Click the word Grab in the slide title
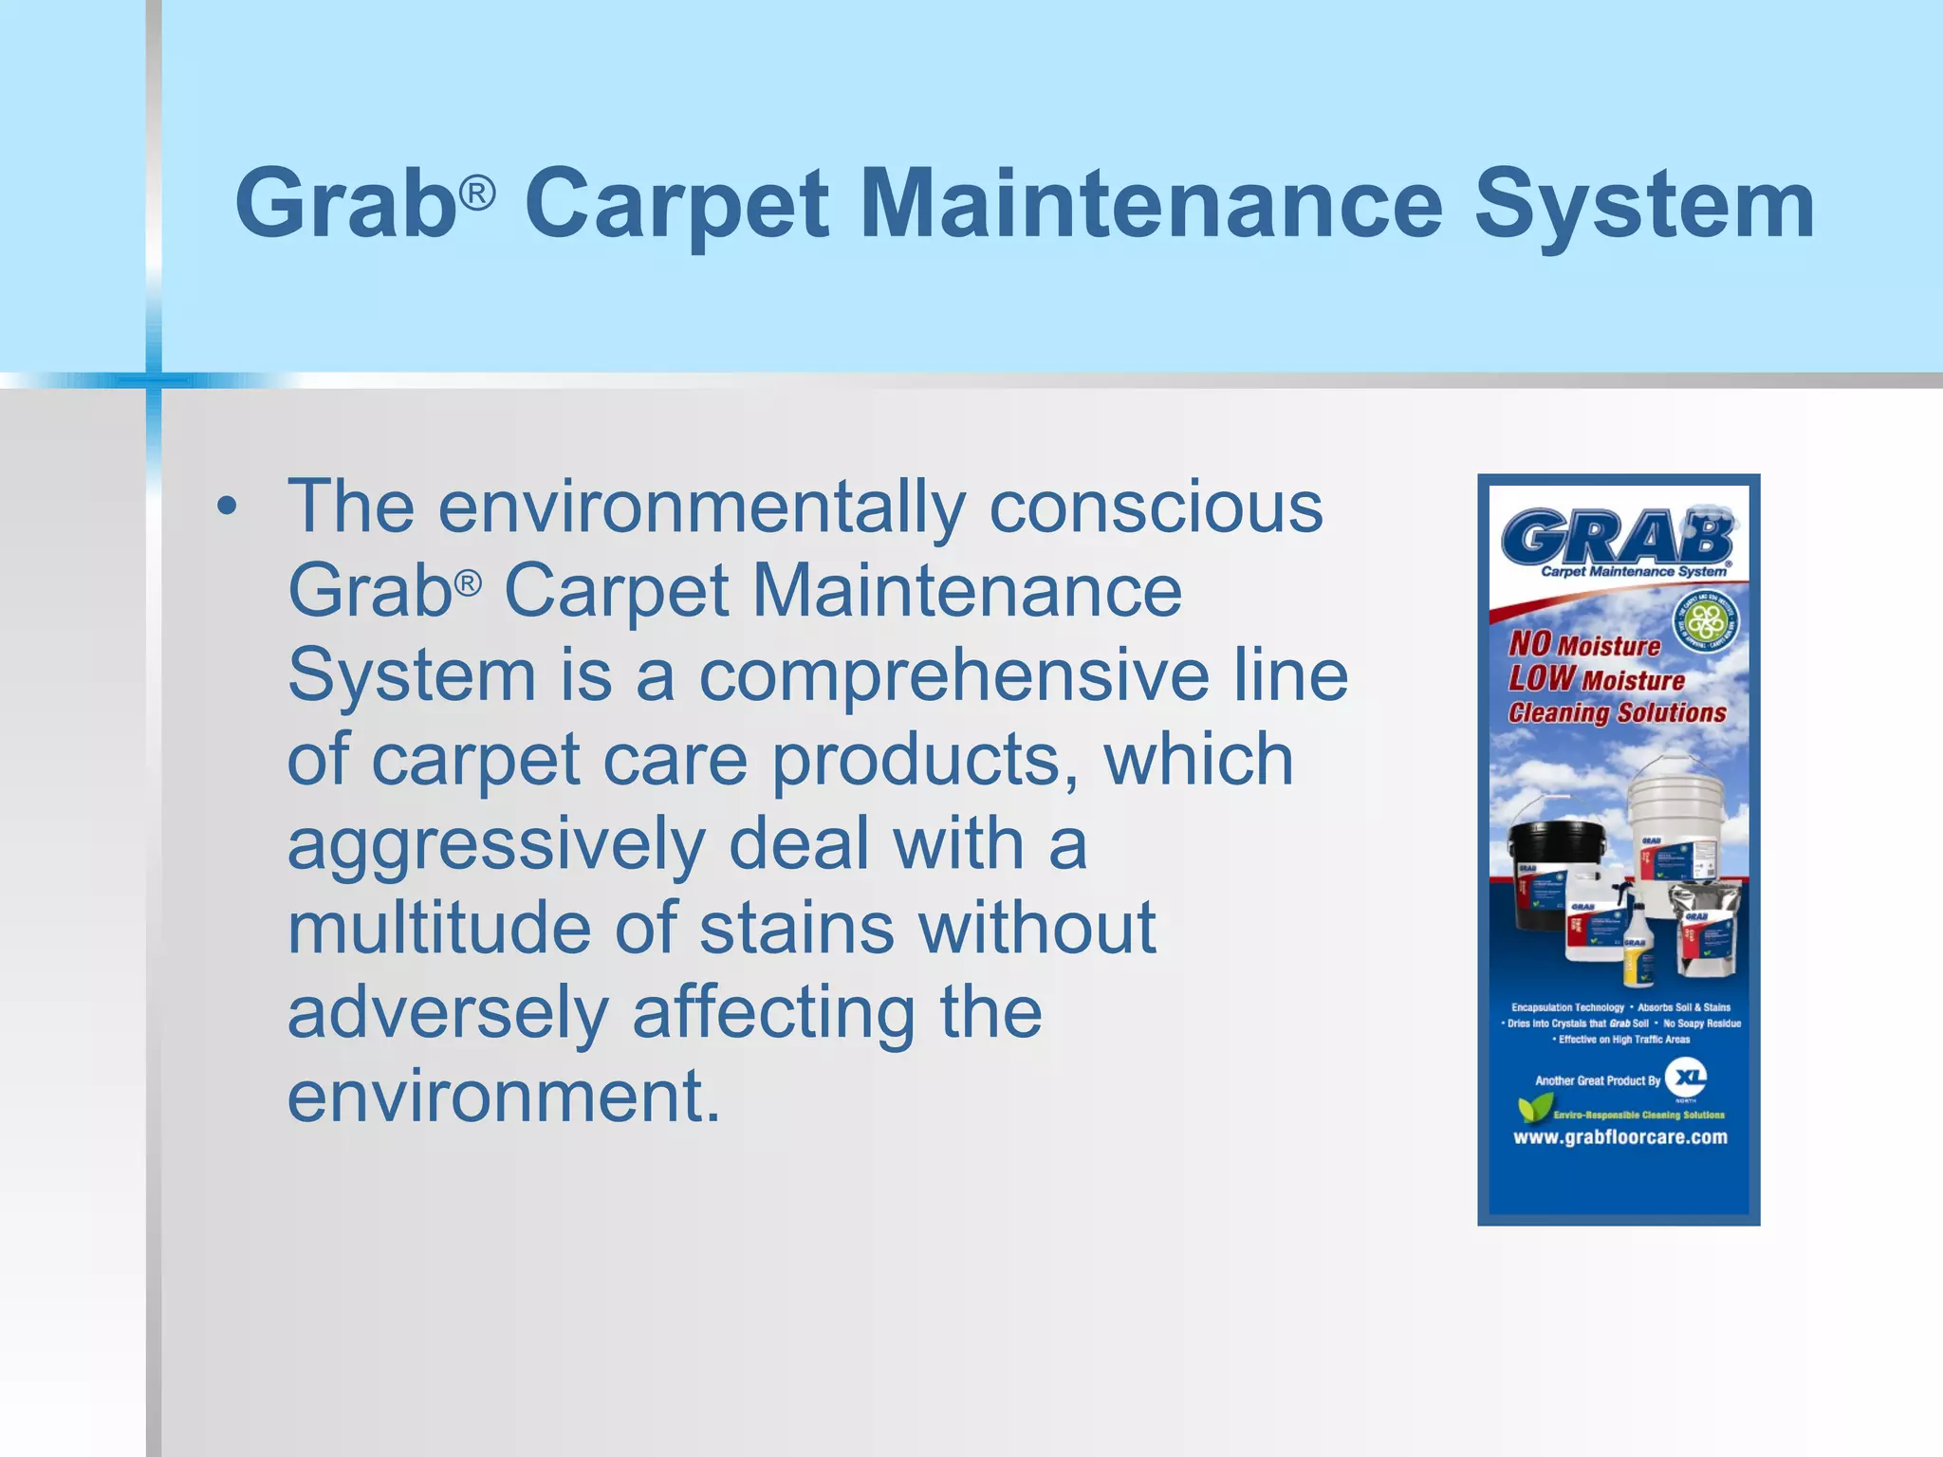[346, 204]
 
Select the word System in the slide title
[1644, 204]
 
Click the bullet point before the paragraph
[226, 507]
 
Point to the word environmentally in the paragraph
[702, 507]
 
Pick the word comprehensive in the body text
[953, 675]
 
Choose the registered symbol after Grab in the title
[477, 194]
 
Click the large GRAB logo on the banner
[1617, 536]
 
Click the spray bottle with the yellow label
[1638, 949]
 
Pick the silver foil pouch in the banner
[1706, 925]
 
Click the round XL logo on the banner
[1686, 1077]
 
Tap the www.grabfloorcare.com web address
[1619, 1136]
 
